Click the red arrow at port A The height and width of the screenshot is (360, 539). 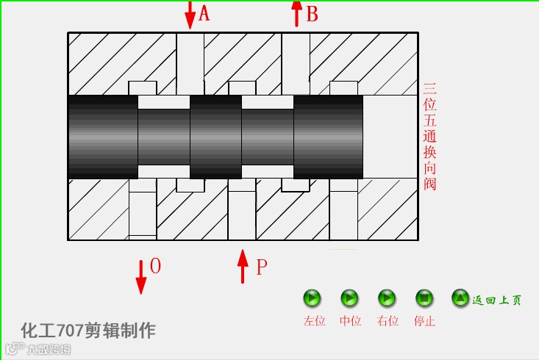pyautogui.click(x=190, y=15)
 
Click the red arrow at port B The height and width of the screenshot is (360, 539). pyautogui.click(x=296, y=13)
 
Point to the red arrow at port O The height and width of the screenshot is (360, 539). pyautogui.click(x=140, y=276)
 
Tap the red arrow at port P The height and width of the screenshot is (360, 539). pyautogui.click(x=243, y=266)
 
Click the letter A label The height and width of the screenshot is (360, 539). pyautogui.click(x=204, y=13)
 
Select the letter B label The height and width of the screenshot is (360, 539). pyautogui.click(x=312, y=14)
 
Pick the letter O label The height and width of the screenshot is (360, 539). pyautogui.click(x=155, y=266)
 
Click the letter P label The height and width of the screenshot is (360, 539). pyautogui.click(x=261, y=267)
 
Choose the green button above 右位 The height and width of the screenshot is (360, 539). pyautogui.click(x=387, y=298)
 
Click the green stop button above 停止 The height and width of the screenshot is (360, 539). pyautogui.click(x=424, y=298)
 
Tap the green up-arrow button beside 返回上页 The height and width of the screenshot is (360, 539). pyautogui.click(x=460, y=298)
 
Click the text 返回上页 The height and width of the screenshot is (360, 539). pyautogui.click(x=497, y=300)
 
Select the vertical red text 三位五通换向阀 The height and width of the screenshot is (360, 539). pyautogui.click(x=430, y=137)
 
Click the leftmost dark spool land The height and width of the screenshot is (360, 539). pyautogui.click(x=103, y=137)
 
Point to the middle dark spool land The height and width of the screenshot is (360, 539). pyautogui.click(x=215, y=137)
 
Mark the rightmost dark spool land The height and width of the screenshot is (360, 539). pyautogui.click(x=328, y=137)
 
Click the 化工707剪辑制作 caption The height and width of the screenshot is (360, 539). pyautogui.click(x=88, y=330)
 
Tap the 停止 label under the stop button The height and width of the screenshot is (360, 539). pyautogui.click(x=424, y=321)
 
